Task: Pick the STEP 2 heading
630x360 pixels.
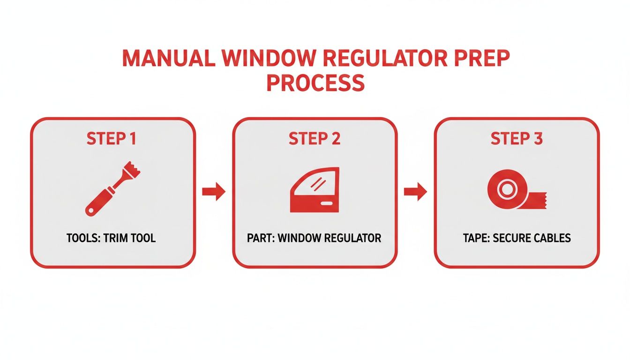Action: point(315,139)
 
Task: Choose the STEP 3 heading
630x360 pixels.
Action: point(517,139)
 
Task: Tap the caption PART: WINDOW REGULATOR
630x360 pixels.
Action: point(315,238)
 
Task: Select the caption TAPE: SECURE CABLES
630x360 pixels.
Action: point(517,238)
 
